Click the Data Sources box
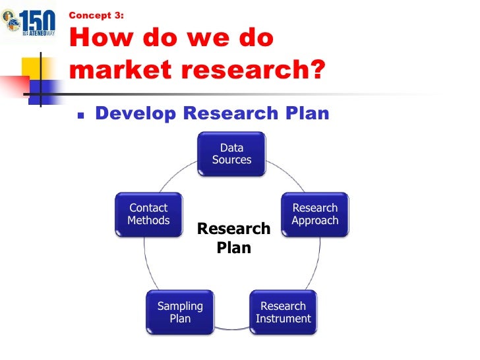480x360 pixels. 232,154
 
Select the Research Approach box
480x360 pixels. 315,215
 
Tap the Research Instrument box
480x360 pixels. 284,313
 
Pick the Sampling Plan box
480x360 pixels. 180,313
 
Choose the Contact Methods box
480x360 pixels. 148,215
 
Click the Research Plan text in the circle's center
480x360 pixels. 234,238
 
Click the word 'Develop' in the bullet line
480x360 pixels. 136,113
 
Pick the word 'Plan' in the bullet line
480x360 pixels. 303,113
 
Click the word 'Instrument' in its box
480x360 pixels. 284,319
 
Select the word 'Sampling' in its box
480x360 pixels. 180,307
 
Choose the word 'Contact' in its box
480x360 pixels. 148,208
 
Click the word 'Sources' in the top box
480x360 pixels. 232,160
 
